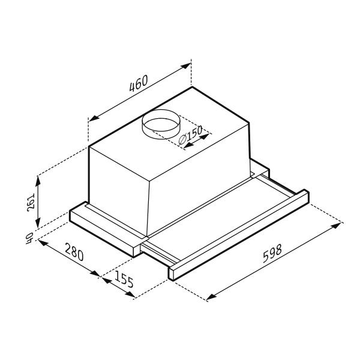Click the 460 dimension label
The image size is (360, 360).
click(x=138, y=83)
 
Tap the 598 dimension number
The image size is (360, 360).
click(x=272, y=253)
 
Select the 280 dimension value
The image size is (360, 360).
click(x=74, y=252)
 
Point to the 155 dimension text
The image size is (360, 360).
click(x=124, y=279)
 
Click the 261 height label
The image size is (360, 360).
click(x=31, y=202)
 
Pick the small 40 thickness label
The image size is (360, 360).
click(x=29, y=238)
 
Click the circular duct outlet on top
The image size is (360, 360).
click(x=161, y=124)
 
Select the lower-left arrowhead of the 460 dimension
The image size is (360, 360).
click(x=94, y=118)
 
